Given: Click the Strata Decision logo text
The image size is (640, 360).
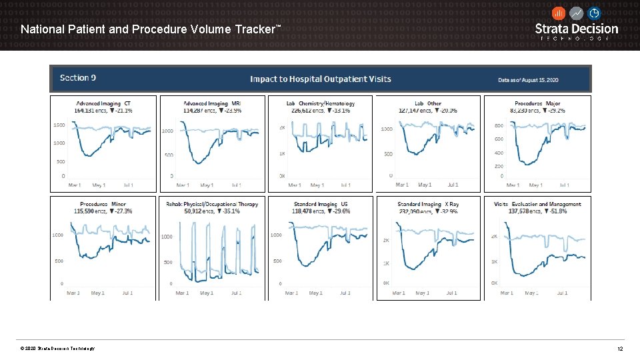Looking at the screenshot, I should (x=577, y=29).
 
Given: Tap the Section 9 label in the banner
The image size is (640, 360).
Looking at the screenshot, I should (x=78, y=78).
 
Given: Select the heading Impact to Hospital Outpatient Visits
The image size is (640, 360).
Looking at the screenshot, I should (x=320, y=79).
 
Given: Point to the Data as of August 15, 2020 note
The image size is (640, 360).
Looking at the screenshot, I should (x=528, y=79).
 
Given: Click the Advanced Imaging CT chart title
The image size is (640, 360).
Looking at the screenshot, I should (x=103, y=103).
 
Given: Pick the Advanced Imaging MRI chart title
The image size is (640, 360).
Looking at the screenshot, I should (x=212, y=103).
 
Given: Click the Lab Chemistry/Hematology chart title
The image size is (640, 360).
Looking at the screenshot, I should (x=321, y=103).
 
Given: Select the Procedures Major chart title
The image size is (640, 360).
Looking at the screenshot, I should (x=537, y=103).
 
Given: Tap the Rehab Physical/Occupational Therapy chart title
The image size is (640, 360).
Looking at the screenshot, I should (x=212, y=204).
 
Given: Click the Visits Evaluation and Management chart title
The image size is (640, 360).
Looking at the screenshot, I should (x=537, y=204).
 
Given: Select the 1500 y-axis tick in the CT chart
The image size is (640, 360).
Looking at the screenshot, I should (x=59, y=125).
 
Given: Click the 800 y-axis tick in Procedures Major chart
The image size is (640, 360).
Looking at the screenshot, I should (x=498, y=125).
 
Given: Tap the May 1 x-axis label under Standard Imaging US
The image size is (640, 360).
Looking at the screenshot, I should (x=317, y=293).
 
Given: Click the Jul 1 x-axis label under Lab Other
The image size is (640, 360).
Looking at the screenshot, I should (x=453, y=185).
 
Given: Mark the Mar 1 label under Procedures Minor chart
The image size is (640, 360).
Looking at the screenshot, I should (x=73, y=293).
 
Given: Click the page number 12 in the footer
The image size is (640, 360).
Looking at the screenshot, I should (x=619, y=349).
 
